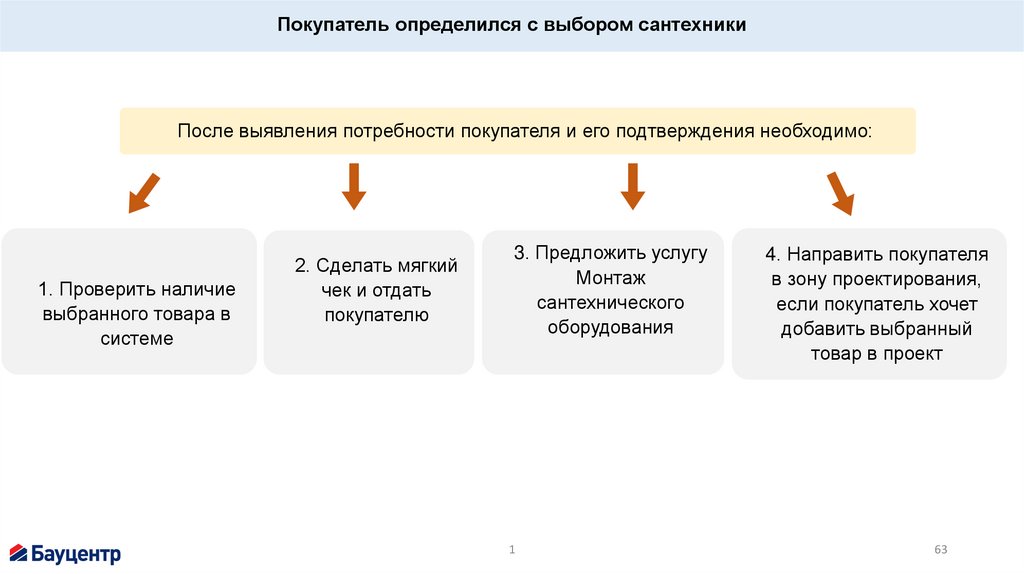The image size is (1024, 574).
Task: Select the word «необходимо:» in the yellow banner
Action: (x=815, y=131)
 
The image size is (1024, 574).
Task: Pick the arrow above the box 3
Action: (x=632, y=186)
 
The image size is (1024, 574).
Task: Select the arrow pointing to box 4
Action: (x=840, y=193)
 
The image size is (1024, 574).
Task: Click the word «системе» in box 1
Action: (x=136, y=339)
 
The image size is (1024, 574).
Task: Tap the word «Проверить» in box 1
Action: (x=101, y=290)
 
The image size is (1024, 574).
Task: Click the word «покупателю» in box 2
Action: (x=376, y=315)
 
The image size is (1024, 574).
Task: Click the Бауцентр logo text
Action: (x=76, y=553)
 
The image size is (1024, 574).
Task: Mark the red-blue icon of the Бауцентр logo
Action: (x=18, y=552)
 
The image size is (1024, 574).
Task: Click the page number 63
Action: (x=940, y=550)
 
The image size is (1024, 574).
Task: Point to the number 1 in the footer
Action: (x=512, y=550)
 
